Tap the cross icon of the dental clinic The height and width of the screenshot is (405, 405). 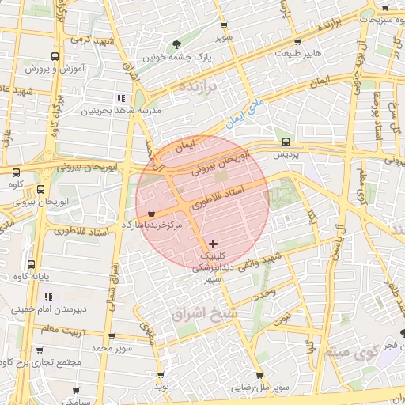(212, 244)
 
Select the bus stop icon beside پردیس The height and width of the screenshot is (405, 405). (286, 143)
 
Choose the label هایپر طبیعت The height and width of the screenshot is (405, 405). (297, 53)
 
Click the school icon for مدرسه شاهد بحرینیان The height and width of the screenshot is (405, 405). (121, 98)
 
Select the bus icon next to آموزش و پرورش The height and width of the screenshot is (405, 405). (54, 56)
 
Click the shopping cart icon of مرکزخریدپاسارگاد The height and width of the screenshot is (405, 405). (150, 213)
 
